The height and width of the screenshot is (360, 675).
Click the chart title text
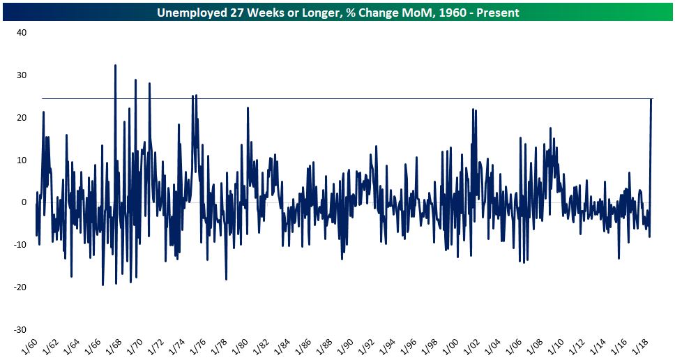pos(337,13)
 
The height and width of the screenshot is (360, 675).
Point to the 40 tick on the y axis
pos(21,33)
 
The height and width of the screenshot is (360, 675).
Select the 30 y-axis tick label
pos(21,75)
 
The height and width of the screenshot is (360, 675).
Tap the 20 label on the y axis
pos(21,118)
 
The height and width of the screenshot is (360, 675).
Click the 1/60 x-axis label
pos(29,346)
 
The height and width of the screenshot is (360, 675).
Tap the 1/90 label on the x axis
pos(344,346)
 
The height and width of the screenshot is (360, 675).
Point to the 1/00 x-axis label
pos(450,346)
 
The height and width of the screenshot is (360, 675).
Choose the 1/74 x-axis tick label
pos(176,346)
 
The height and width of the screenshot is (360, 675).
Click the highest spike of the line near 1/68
pos(115,66)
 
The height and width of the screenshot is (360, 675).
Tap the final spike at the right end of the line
pos(651,99)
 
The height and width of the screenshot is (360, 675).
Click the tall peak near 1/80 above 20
pos(248,108)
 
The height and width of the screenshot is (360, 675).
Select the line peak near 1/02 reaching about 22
pos(473,110)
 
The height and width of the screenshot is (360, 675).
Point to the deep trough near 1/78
pos(226,279)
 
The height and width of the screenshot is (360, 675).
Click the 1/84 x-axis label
pos(281,346)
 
